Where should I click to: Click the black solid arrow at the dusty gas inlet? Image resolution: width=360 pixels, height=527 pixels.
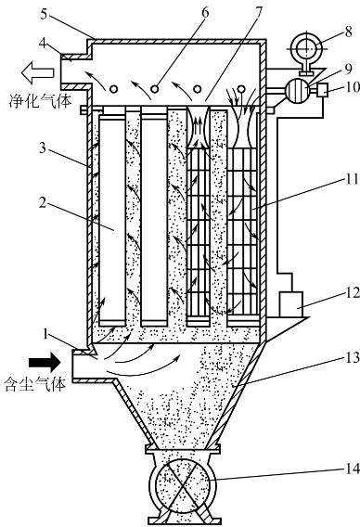pyautogui.click(x=45, y=362)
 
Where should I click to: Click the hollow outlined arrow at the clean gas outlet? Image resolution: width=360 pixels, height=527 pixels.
pyautogui.click(x=37, y=72)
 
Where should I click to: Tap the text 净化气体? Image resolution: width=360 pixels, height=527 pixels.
pyautogui.click(x=40, y=101)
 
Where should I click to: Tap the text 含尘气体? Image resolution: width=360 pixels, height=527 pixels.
pyautogui.click(x=35, y=384)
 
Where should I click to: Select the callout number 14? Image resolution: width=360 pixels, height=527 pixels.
pyautogui.click(x=353, y=469)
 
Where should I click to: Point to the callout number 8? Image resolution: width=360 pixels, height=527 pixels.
pyautogui.click(x=348, y=32)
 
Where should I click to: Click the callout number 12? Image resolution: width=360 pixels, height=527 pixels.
pyautogui.click(x=353, y=293)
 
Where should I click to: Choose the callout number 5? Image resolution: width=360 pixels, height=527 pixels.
pyautogui.click(x=44, y=15)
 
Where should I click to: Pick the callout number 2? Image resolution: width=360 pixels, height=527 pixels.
pyautogui.click(x=43, y=202)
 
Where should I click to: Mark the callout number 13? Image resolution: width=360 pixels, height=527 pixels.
pyautogui.click(x=353, y=357)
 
